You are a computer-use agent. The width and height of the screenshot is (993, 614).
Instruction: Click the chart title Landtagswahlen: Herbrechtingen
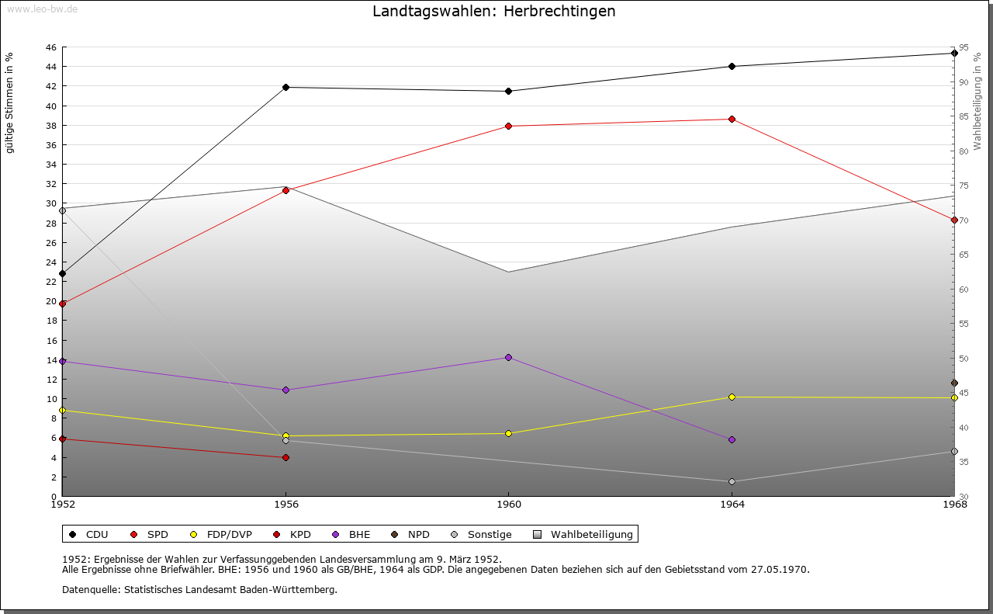[493, 11]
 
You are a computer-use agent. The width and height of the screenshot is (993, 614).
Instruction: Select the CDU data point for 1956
[285, 87]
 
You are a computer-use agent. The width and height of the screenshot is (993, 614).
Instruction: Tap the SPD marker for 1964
[732, 119]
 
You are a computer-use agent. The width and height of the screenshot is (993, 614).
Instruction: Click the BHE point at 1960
[508, 357]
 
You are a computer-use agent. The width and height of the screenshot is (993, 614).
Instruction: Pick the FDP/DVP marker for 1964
[732, 397]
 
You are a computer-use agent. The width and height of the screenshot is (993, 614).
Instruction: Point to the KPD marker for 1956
[285, 457]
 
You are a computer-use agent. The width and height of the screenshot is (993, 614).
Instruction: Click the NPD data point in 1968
[954, 383]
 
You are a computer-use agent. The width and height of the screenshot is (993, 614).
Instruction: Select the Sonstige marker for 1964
[732, 481]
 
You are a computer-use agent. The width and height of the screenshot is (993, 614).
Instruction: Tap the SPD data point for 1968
[954, 220]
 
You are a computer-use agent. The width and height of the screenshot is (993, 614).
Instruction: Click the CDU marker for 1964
[732, 66]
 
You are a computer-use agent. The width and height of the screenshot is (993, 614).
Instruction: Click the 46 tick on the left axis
[50, 47]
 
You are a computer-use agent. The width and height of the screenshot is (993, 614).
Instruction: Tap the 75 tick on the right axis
[964, 186]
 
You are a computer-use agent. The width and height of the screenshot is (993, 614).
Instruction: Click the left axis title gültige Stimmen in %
[10, 102]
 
